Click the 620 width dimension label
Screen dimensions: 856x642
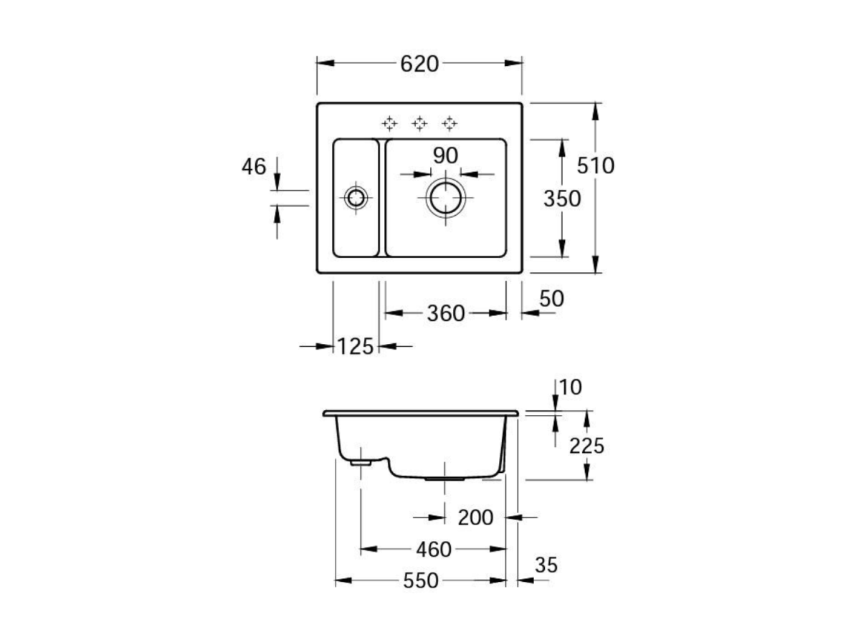click(419, 64)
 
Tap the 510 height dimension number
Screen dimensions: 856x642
click(596, 166)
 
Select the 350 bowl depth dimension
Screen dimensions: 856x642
click(562, 199)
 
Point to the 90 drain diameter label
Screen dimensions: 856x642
click(445, 156)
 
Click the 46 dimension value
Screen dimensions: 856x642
click(254, 167)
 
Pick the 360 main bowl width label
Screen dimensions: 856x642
click(445, 314)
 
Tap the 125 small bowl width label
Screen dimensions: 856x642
click(356, 346)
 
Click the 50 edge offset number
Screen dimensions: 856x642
click(551, 299)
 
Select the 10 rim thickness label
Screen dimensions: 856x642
click(571, 387)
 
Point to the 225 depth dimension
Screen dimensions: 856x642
click(587, 446)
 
